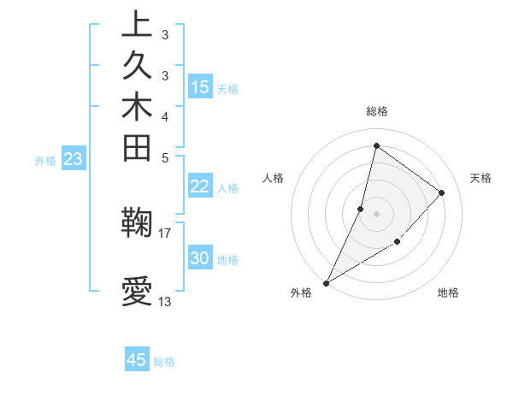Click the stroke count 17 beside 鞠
(x=165, y=232)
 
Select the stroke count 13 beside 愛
(x=165, y=301)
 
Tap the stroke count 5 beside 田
(x=165, y=157)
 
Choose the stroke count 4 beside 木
(x=165, y=115)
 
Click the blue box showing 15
(x=200, y=86)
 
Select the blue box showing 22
(x=200, y=186)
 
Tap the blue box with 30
(x=200, y=258)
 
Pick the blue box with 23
(x=74, y=158)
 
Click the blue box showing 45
(x=137, y=360)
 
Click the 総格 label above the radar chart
(x=377, y=111)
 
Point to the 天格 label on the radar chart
(x=481, y=178)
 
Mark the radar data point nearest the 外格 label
(x=327, y=282)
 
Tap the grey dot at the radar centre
(x=377, y=213)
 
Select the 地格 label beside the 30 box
(x=228, y=259)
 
